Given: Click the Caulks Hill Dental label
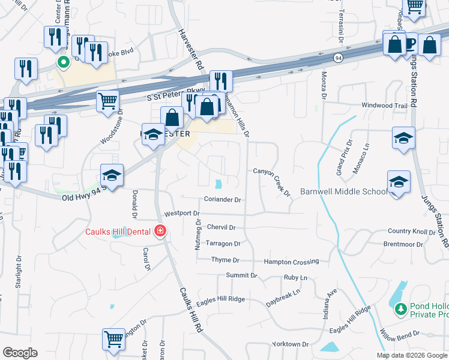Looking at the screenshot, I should pyautogui.click(x=118, y=232).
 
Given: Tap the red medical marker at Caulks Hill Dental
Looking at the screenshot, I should pyautogui.click(x=160, y=231).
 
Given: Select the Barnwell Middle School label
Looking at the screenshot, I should pyautogui.click(x=344, y=191).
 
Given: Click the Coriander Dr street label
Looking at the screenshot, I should pyautogui.click(x=222, y=200).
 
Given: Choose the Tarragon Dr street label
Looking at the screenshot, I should pyautogui.click(x=223, y=244).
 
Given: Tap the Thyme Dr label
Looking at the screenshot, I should pyautogui.click(x=225, y=260).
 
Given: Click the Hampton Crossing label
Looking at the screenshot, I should pyautogui.click(x=291, y=262).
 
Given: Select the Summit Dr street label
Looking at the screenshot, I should pyautogui.click(x=241, y=275).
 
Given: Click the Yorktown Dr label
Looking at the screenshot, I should pyautogui.click(x=290, y=344).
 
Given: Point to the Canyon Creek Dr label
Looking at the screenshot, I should pyautogui.click(x=272, y=179).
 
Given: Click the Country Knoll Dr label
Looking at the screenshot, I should pyautogui.click(x=411, y=231).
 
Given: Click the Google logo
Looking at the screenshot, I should pyautogui.click(x=20, y=353).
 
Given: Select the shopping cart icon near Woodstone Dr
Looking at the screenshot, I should pyautogui.click(x=107, y=101).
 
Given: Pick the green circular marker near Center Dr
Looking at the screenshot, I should pyautogui.click(x=62, y=61).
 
